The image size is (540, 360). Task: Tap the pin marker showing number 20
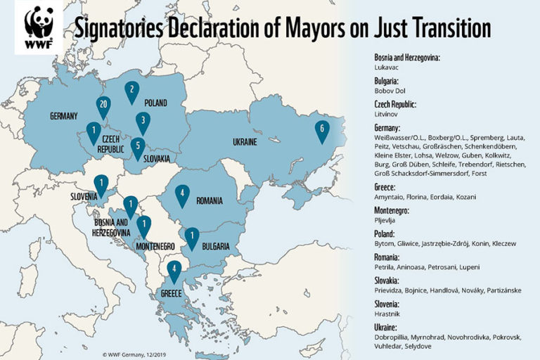pos(103,105)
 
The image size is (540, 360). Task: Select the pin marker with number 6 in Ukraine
pos(321,130)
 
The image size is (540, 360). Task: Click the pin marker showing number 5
pos(139,147)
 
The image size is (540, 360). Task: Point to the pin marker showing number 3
pos(143,122)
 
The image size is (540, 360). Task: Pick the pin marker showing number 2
pos(131,91)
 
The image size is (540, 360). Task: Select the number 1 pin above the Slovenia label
pos(101,185)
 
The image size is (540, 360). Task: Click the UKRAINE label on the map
pos(242,142)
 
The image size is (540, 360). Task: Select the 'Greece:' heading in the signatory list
pos(387,188)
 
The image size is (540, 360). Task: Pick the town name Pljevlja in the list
pos(386,220)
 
